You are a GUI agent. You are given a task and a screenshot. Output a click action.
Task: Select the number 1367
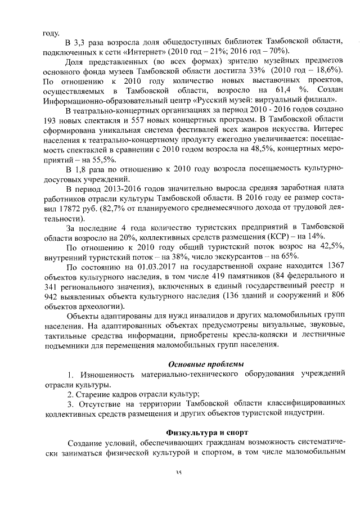pos(331,265)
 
